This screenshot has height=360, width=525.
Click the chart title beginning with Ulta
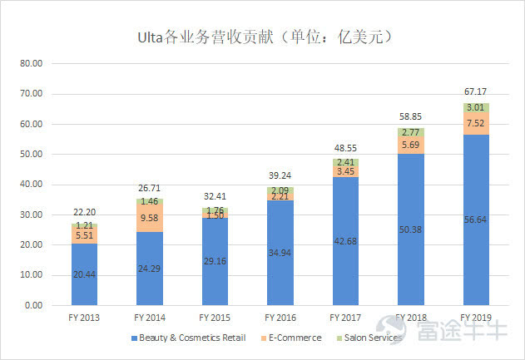click(x=263, y=37)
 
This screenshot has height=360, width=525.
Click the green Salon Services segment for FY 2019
click(x=475, y=107)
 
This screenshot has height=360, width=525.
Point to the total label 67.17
click(x=475, y=91)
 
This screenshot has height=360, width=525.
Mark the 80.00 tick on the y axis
click(x=31, y=64)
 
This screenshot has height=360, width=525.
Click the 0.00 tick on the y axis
click(x=33, y=305)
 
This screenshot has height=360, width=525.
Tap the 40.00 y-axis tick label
click(x=31, y=185)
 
